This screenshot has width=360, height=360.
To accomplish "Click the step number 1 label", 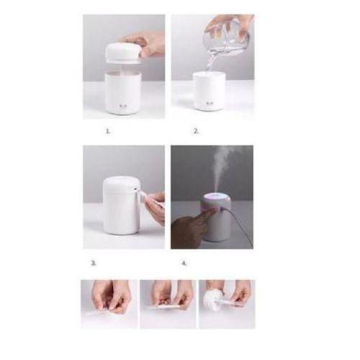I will [x=108, y=132].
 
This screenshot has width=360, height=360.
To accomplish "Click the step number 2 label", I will [x=196, y=132].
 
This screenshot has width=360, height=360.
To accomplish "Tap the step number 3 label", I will [x=94, y=263].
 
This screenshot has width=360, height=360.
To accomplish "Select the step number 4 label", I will [x=184, y=263].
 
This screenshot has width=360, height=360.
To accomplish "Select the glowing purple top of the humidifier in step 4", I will [x=216, y=199].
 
